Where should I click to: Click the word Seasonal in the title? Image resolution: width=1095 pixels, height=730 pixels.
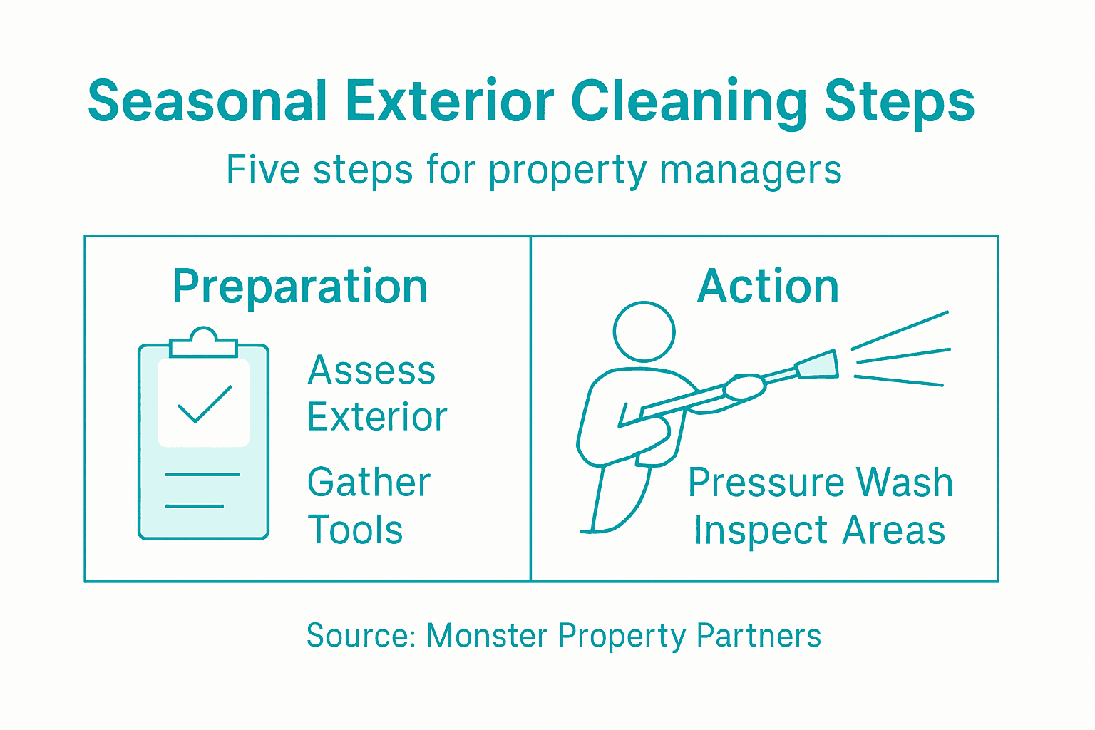tap(207, 101)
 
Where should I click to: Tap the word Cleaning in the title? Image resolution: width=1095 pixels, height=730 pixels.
tap(689, 103)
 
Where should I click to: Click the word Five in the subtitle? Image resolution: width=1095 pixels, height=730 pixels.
tap(263, 169)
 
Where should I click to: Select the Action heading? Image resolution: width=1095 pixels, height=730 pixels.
tap(768, 287)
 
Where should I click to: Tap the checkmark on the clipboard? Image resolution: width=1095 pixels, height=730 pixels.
tap(205, 404)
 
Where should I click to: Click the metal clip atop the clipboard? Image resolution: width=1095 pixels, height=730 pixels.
tap(203, 342)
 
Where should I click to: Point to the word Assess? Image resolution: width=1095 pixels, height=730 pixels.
tap(371, 371)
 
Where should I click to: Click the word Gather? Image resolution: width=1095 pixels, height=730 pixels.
tap(369, 482)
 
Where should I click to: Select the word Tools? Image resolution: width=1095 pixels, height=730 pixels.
tap(356, 530)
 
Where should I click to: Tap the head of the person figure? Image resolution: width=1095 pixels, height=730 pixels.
tap(644, 331)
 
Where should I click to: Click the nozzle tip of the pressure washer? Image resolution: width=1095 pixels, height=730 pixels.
tap(818, 365)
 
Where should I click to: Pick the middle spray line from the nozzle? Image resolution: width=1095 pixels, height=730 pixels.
tap(903, 356)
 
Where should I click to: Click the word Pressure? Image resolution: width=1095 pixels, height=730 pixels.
tap(766, 483)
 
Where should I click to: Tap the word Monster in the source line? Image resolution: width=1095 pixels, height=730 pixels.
tap(487, 636)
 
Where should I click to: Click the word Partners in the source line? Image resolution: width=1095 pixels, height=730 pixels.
tap(759, 636)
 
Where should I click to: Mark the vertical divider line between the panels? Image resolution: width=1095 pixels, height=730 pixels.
tap(530, 408)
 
